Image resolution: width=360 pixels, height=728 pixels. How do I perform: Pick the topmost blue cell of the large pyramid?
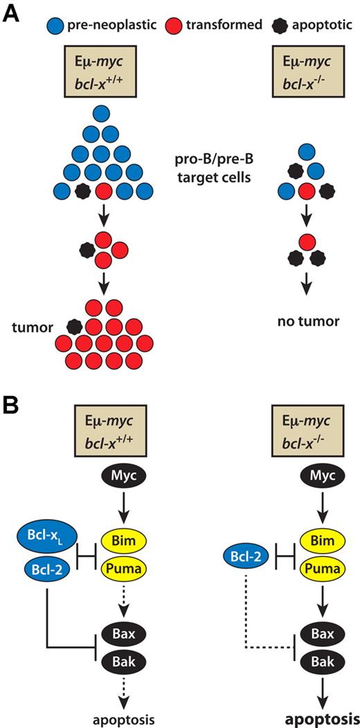pyautogui.click(x=103, y=112)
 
